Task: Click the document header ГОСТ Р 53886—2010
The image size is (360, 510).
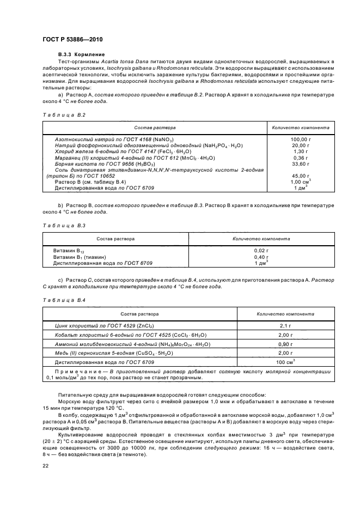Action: [72, 40]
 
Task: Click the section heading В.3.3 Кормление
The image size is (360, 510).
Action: [81, 55]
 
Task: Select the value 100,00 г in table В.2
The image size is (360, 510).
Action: [300, 140]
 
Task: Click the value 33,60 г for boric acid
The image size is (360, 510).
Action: [300, 163]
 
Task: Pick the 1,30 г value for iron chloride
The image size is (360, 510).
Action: [300, 151]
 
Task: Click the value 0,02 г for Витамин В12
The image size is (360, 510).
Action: [261, 251]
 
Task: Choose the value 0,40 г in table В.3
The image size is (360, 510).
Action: [261, 257]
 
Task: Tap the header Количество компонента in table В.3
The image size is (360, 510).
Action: [261, 239]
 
